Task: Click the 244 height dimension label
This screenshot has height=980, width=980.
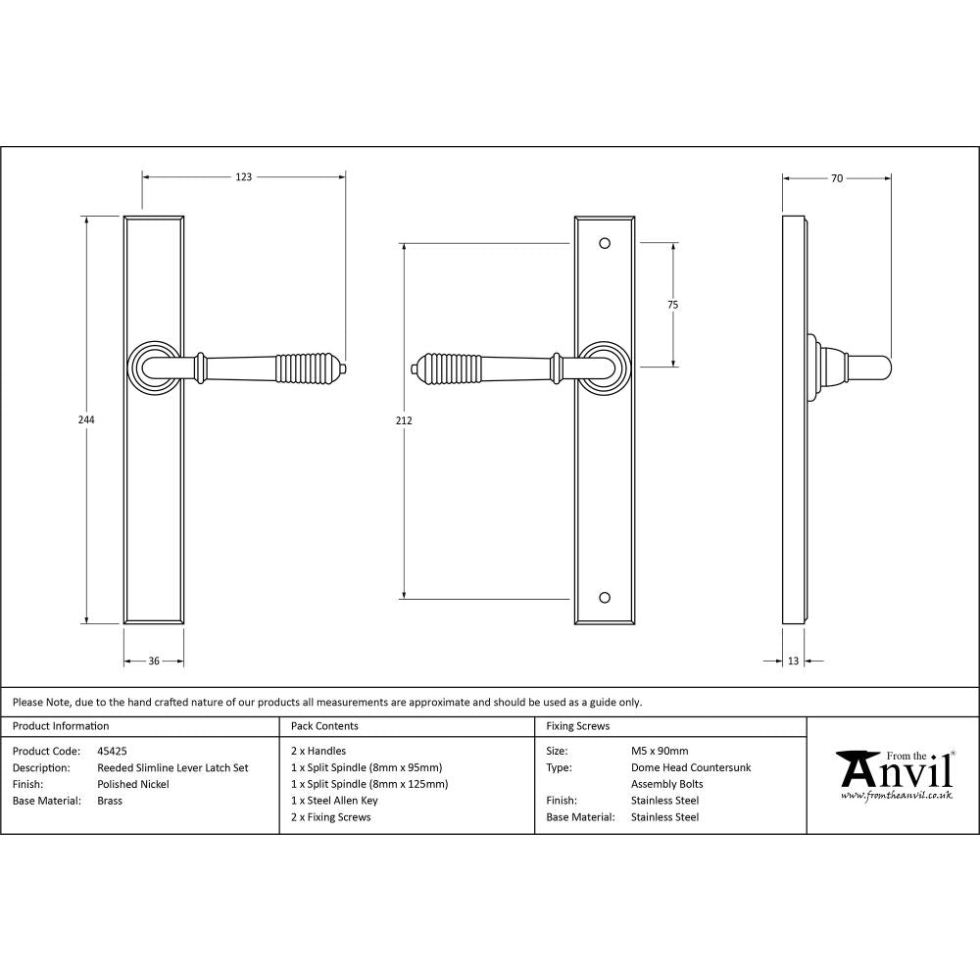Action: tap(86, 419)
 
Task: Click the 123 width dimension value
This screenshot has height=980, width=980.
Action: tap(243, 177)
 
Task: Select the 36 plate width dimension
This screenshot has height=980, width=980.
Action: tap(154, 661)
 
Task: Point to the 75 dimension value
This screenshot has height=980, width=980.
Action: tap(672, 305)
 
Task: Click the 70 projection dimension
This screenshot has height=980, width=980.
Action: tap(836, 178)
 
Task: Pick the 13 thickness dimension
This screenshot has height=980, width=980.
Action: tap(793, 661)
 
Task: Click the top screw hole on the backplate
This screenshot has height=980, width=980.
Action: tap(605, 241)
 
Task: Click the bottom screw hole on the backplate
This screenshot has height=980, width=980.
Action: tap(605, 597)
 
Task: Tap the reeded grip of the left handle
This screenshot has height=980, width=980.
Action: tap(307, 367)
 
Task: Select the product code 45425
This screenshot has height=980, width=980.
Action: tap(113, 752)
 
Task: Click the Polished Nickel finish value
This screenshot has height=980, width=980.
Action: tap(133, 784)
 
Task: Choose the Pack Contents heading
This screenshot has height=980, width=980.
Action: tap(324, 726)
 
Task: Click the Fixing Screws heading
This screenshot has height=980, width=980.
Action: tap(578, 726)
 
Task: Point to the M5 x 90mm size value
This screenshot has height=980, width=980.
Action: tap(660, 752)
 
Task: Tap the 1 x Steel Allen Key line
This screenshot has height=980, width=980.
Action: tap(334, 801)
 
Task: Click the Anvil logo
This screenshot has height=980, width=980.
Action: tap(894, 774)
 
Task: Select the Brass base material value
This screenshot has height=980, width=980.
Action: tap(110, 801)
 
